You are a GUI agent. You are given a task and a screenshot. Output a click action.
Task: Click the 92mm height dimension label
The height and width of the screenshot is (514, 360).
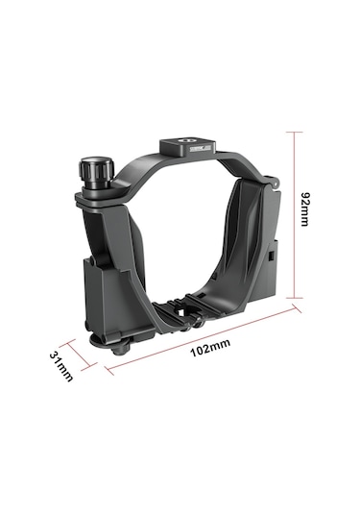tap(304, 208)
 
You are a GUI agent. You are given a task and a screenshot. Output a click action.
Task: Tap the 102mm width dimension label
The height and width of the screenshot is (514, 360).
tap(210, 348)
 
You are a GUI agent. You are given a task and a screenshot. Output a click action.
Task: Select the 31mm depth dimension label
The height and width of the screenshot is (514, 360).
tap(61, 366)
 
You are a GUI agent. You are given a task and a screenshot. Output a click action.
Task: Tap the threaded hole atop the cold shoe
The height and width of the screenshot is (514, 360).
tap(186, 142)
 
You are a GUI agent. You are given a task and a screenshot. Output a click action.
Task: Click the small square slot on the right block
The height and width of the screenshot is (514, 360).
tap(271, 256)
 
